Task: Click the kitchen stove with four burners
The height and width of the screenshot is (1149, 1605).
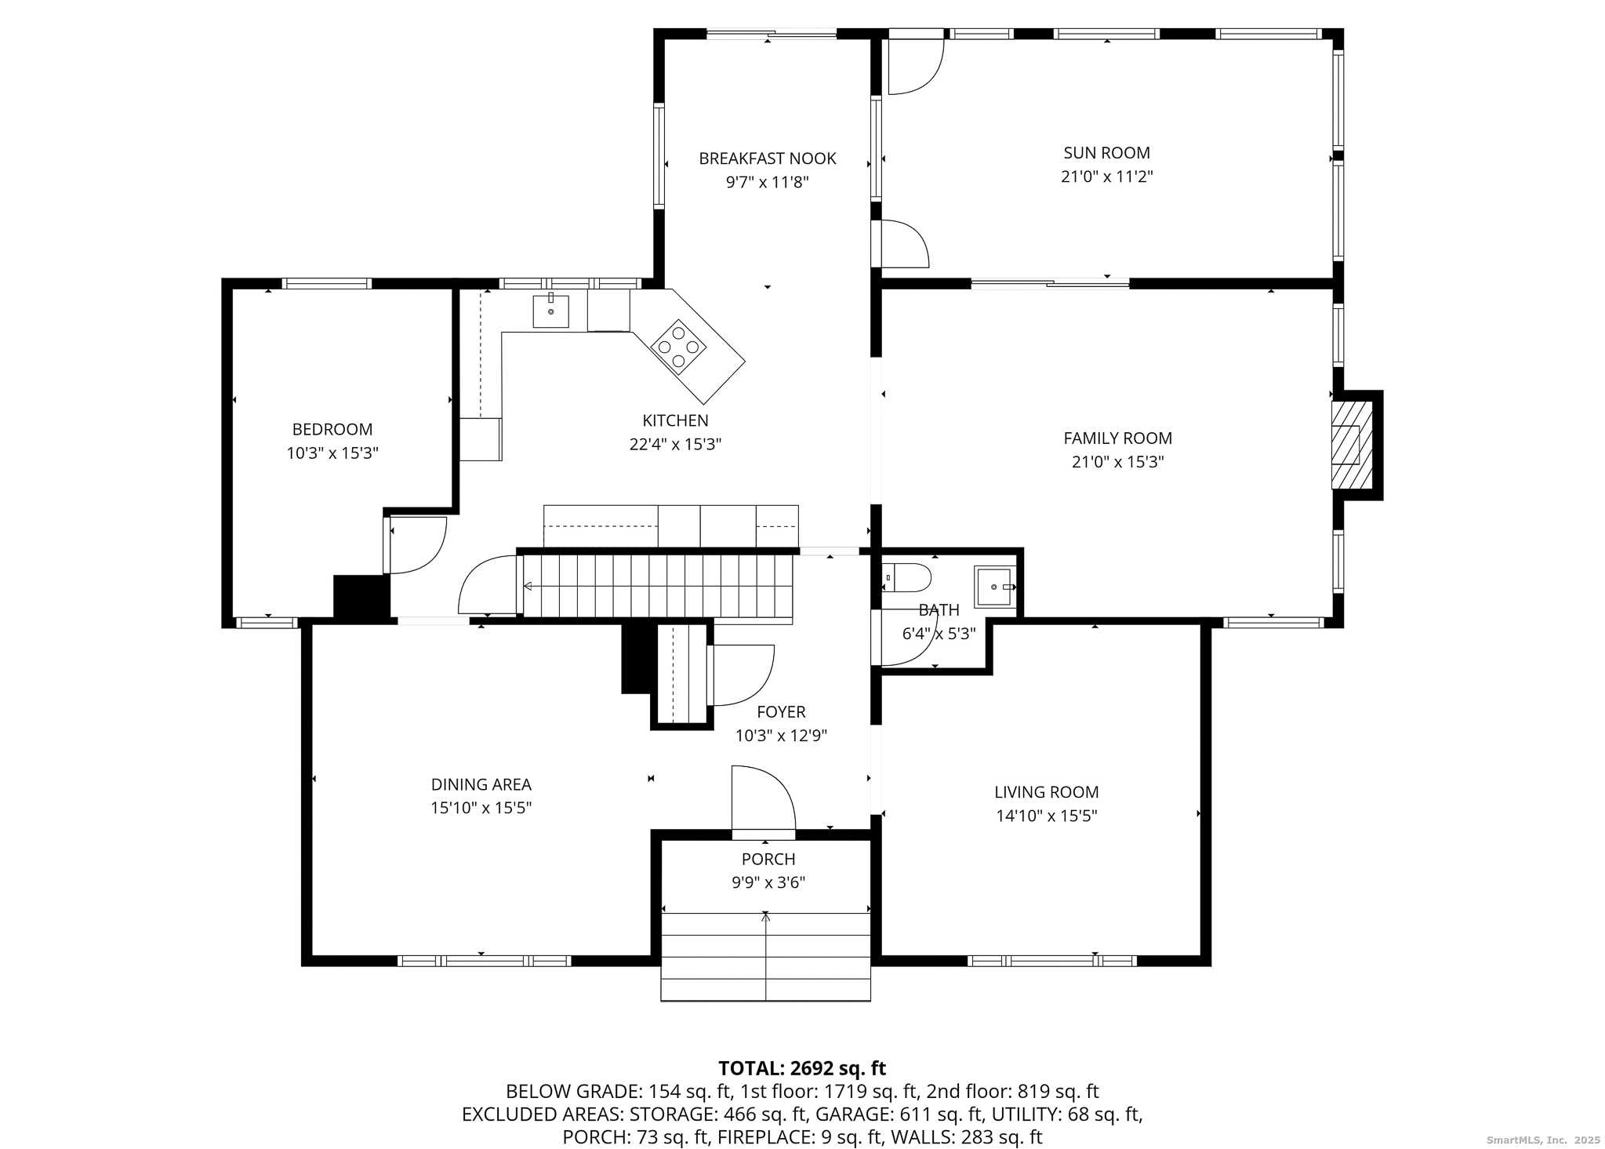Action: tap(679, 345)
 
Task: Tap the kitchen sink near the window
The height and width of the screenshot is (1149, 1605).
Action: tap(551, 311)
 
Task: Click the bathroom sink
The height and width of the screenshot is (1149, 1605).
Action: tap(995, 587)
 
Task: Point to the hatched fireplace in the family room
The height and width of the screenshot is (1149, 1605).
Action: tap(1352, 445)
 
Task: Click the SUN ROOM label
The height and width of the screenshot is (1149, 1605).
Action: tap(1106, 153)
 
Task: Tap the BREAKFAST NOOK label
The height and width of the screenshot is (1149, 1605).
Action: tap(768, 158)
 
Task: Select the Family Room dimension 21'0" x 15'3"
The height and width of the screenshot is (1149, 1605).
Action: tap(1117, 462)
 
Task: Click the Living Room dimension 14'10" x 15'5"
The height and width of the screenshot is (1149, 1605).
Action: tap(1046, 816)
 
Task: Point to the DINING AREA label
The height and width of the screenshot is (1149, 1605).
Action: tap(481, 784)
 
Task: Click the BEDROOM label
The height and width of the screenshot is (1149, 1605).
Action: tap(332, 429)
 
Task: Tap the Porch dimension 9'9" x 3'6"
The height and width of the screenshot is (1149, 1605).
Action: tap(768, 882)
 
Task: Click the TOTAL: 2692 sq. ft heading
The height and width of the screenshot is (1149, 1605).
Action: tap(802, 1068)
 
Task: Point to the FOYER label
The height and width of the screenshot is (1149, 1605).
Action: tap(781, 712)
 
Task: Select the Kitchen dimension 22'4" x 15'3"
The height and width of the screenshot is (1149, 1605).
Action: tap(675, 445)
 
